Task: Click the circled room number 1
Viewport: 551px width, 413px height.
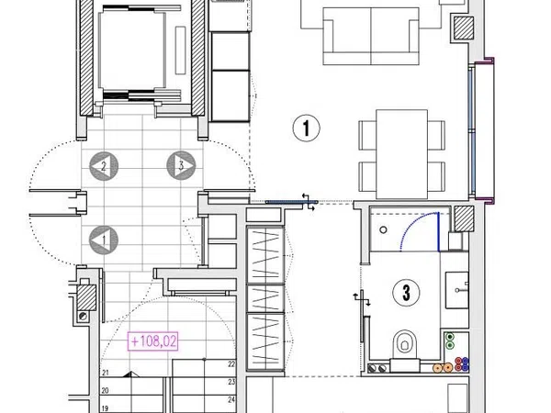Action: [x=307, y=128]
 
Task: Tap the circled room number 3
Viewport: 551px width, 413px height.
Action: [x=406, y=293]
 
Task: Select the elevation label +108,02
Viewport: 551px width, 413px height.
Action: [x=152, y=341]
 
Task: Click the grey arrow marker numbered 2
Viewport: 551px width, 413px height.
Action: [x=104, y=166]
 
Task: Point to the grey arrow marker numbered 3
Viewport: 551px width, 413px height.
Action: [x=181, y=165]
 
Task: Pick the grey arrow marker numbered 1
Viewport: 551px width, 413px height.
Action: [x=104, y=240]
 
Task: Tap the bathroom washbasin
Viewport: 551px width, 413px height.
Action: [x=456, y=290]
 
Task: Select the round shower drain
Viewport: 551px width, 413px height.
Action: [x=383, y=230]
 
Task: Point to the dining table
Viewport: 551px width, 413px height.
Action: [x=401, y=154]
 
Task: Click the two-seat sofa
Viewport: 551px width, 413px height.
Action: [x=371, y=36]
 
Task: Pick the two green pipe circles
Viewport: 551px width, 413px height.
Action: [x=449, y=341]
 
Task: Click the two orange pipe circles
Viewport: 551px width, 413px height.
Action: [x=443, y=368]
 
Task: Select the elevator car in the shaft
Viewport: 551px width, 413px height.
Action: [x=132, y=50]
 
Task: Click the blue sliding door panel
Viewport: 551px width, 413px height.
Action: [x=291, y=202]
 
